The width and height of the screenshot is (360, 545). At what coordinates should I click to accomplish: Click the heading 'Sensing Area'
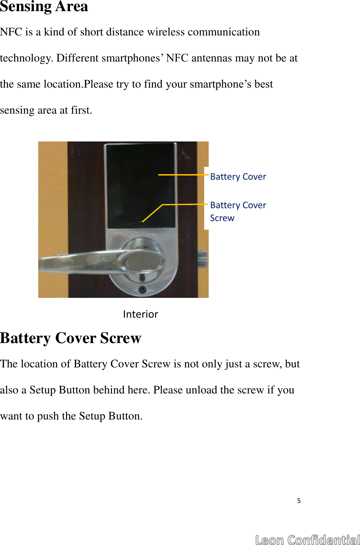pos(44,6)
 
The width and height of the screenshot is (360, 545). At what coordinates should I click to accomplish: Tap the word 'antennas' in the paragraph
pos(211,58)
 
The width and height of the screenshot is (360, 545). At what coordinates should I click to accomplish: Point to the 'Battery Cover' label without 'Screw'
pos(238,177)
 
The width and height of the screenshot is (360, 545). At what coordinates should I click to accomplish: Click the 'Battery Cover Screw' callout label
pos(238,211)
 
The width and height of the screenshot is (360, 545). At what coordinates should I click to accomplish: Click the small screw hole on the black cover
pos(141,223)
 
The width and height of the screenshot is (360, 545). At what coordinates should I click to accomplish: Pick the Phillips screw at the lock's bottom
pos(142,290)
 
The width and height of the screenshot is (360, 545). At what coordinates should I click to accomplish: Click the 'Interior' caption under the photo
pos(141,314)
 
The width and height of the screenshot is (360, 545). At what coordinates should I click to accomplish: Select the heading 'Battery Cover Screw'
pos(71,338)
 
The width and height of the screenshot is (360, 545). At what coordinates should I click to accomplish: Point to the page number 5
pos(299,501)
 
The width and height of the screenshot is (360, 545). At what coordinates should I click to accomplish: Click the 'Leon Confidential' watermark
pos(307,539)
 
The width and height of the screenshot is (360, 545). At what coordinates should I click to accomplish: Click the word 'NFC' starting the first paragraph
pos(11,32)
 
